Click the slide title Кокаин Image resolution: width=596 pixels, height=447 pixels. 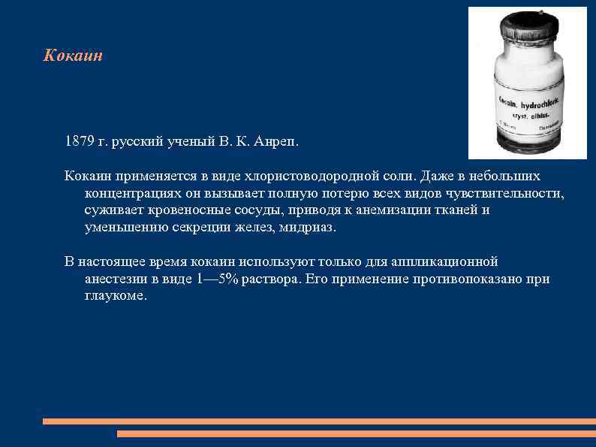[x=73, y=56]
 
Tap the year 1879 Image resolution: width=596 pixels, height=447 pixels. [x=80, y=141]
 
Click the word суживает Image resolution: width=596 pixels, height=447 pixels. [x=112, y=210]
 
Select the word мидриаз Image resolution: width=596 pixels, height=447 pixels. [x=308, y=228]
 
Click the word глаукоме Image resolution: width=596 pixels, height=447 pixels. [x=116, y=296]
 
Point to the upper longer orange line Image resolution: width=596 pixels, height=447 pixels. [x=319, y=421]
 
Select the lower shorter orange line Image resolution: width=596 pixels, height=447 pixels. [x=357, y=433]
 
